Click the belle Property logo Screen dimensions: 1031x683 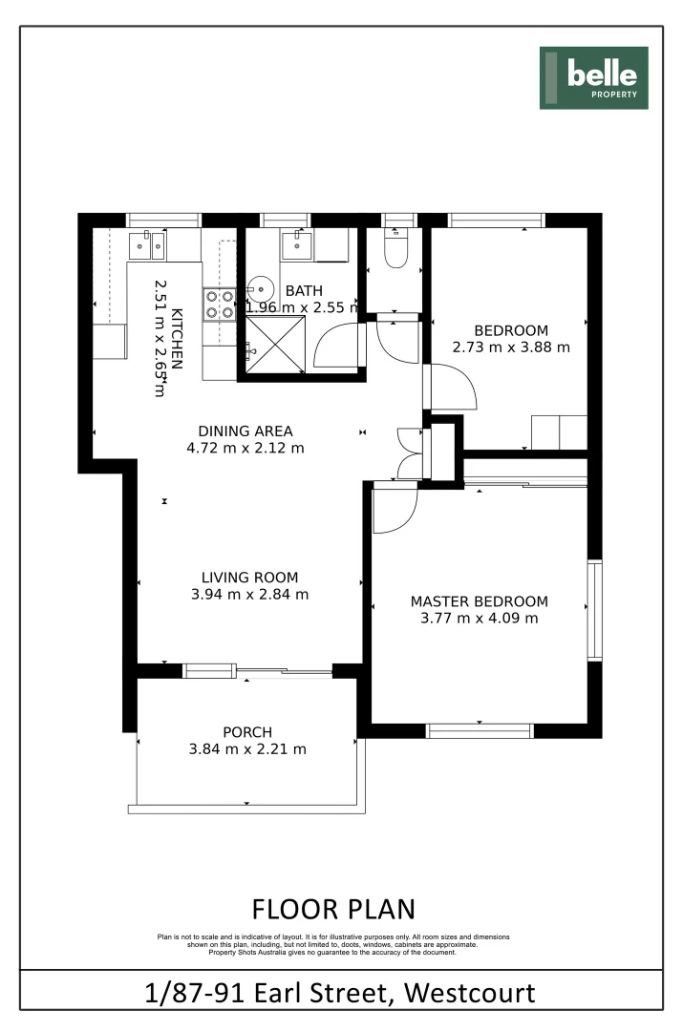pyautogui.click(x=593, y=77)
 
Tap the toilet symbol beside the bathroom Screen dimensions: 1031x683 pyautogui.click(x=395, y=251)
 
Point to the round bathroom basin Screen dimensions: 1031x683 pyautogui.click(x=260, y=290)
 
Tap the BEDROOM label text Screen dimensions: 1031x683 pyautogui.click(x=513, y=330)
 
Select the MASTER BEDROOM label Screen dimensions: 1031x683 pyautogui.click(x=479, y=601)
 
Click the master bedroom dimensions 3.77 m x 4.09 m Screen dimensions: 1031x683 pyautogui.click(x=479, y=619)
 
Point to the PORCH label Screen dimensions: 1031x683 pyautogui.click(x=247, y=732)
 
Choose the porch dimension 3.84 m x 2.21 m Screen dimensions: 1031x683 pyautogui.click(x=247, y=749)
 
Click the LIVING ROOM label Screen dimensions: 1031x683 pyautogui.click(x=249, y=578)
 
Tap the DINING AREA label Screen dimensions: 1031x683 pyautogui.click(x=245, y=431)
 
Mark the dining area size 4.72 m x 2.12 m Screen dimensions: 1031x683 pyautogui.click(x=245, y=448)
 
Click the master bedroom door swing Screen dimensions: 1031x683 pyautogui.click(x=394, y=511)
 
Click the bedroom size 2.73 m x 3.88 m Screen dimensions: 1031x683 pyautogui.click(x=511, y=347)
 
